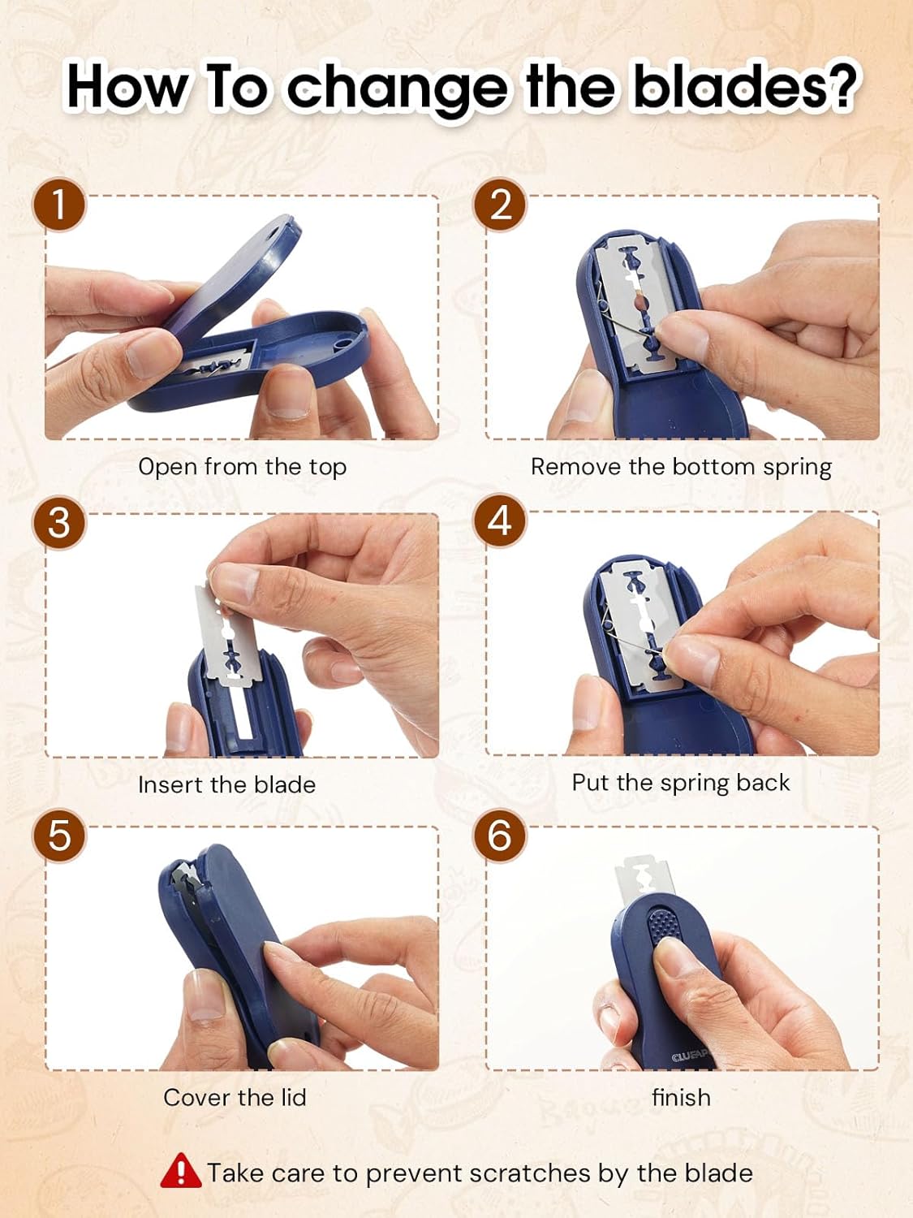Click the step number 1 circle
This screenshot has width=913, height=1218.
(59, 204)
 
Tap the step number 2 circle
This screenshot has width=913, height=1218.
(500, 204)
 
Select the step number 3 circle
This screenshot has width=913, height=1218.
(59, 522)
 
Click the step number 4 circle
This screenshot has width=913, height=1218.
(500, 520)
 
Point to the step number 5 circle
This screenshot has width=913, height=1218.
(59, 835)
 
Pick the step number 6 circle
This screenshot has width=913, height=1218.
(500, 835)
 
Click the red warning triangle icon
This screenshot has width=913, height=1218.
(180, 1171)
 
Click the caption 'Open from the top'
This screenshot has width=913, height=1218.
(242, 467)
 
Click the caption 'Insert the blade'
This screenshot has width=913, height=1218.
(226, 784)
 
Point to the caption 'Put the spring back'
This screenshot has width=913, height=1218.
(680, 783)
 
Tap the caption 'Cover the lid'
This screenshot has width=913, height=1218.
(235, 1098)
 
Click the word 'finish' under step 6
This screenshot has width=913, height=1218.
(681, 1098)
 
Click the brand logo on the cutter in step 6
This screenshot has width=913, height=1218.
(690, 1056)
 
